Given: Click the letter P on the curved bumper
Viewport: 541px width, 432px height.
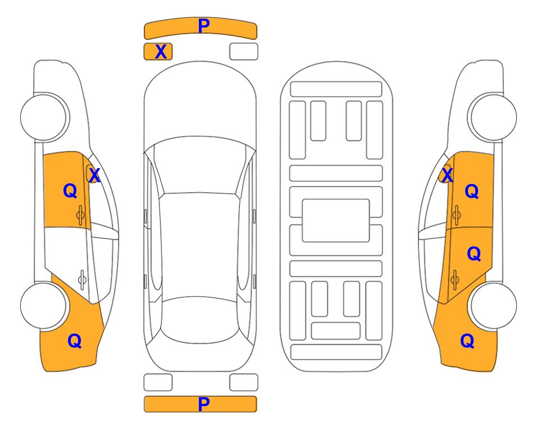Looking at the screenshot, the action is point(204,25).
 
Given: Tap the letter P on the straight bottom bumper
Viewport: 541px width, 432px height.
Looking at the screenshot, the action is point(204,404).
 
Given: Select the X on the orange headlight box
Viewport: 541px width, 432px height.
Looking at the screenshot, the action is point(161,52).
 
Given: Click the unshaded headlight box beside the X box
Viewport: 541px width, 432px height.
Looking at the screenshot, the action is point(244,52).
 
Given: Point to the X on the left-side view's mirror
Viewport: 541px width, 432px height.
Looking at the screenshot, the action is point(94,175).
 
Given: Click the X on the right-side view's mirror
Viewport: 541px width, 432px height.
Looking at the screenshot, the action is point(447,175).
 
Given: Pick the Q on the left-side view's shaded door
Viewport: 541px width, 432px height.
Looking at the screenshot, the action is point(70,191).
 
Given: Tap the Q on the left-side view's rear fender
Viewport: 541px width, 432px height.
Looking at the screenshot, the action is point(75,341).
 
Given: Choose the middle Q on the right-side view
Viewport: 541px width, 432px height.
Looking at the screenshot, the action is point(474,254).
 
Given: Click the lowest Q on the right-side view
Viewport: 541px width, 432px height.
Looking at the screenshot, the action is point(467,341).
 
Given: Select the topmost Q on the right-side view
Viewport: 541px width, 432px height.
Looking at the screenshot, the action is point(472,191).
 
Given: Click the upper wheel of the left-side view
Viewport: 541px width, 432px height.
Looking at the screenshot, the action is point(44,118).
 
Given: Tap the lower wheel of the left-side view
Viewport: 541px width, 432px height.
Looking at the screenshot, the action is point(44,306).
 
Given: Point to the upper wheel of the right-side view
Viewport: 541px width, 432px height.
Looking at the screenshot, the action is point(493,118).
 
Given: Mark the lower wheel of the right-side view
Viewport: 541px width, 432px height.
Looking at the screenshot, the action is point(493,306).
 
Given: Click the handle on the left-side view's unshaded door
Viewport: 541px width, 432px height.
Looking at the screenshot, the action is point(82,280).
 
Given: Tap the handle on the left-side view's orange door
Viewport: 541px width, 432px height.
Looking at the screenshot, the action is point(80,215).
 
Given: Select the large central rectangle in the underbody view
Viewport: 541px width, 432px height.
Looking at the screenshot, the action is point(336,220).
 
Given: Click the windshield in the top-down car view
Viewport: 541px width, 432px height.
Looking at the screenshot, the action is point(200,165).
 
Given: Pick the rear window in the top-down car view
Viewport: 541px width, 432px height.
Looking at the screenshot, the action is point(200,319).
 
